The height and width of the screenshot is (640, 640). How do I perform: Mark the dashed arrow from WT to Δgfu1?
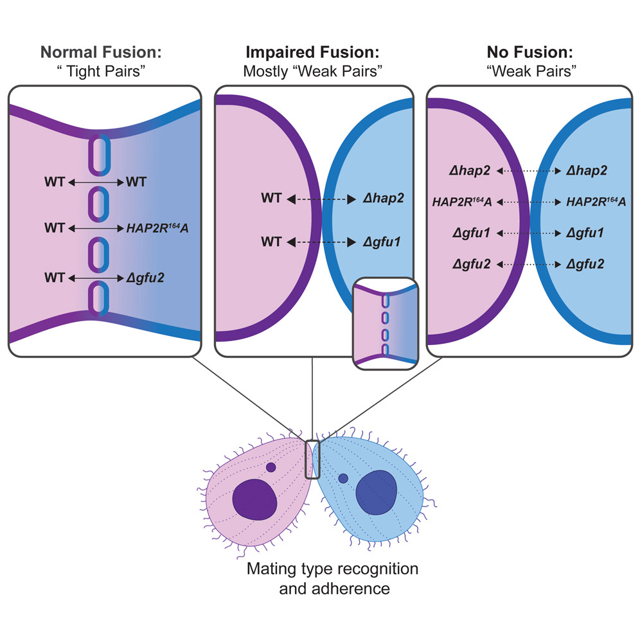(x=319, y=242)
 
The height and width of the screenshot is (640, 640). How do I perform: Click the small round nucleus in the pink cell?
(x=271, y=468)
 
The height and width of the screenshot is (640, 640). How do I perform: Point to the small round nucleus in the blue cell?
(x=343, y=478)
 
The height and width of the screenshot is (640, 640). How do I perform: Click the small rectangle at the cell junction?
(x=312, y=459)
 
